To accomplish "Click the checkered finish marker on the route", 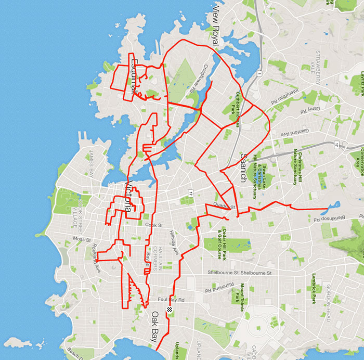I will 170,310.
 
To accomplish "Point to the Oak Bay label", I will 155,326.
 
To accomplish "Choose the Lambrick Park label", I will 314,289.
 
